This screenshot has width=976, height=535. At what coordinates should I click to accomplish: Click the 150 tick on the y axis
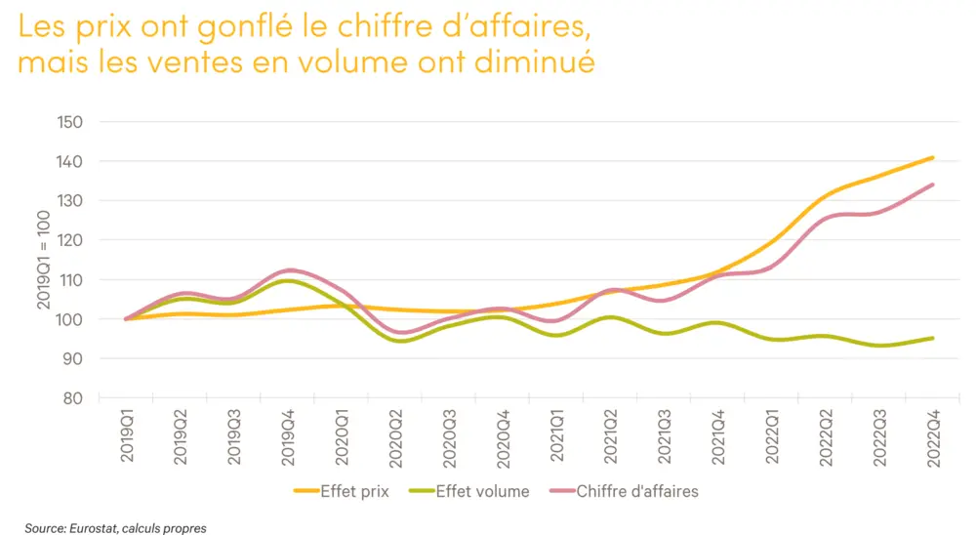pos(70,122)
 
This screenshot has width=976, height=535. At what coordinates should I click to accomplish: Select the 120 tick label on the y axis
pos(70,240)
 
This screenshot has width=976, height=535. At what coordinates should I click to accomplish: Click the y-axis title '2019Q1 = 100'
pos(44,261)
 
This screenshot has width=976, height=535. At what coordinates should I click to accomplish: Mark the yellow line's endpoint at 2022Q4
pos(933,157)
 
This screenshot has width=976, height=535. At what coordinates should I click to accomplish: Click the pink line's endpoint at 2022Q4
pos(933,185)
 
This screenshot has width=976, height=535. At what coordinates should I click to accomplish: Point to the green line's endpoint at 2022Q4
pos(933,339)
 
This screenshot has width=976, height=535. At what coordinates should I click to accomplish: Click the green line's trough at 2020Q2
pos(400,341)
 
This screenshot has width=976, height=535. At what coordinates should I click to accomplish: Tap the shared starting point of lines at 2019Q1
pos(126,319)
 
